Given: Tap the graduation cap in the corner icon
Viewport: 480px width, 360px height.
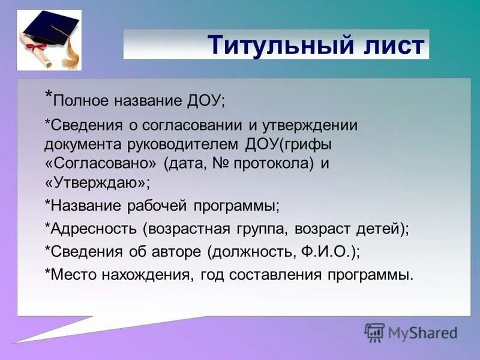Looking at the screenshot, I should (x=51, y=29).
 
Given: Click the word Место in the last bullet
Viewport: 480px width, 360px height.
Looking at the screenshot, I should (x=71, y=275).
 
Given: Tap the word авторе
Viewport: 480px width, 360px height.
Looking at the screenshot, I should (x=177, y=252).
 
